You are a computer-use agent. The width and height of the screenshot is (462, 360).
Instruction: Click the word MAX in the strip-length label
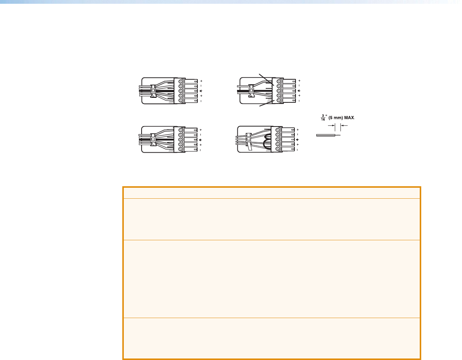tap(349, 117)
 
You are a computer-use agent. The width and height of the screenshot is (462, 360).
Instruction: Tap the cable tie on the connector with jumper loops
tap(249, 141)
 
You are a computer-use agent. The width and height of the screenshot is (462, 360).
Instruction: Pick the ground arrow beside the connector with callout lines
tap(300, 91)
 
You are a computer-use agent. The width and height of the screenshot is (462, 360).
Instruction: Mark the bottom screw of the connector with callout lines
tap(279, 100)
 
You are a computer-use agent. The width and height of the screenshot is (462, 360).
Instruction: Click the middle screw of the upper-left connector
tap(181, 91)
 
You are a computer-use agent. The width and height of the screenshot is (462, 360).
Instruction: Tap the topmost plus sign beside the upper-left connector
tap(201, 81)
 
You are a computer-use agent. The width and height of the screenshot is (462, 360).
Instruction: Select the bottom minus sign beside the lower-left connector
tap(200, 150)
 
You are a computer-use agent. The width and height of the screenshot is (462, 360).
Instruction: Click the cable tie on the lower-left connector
tap(153, 140)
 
